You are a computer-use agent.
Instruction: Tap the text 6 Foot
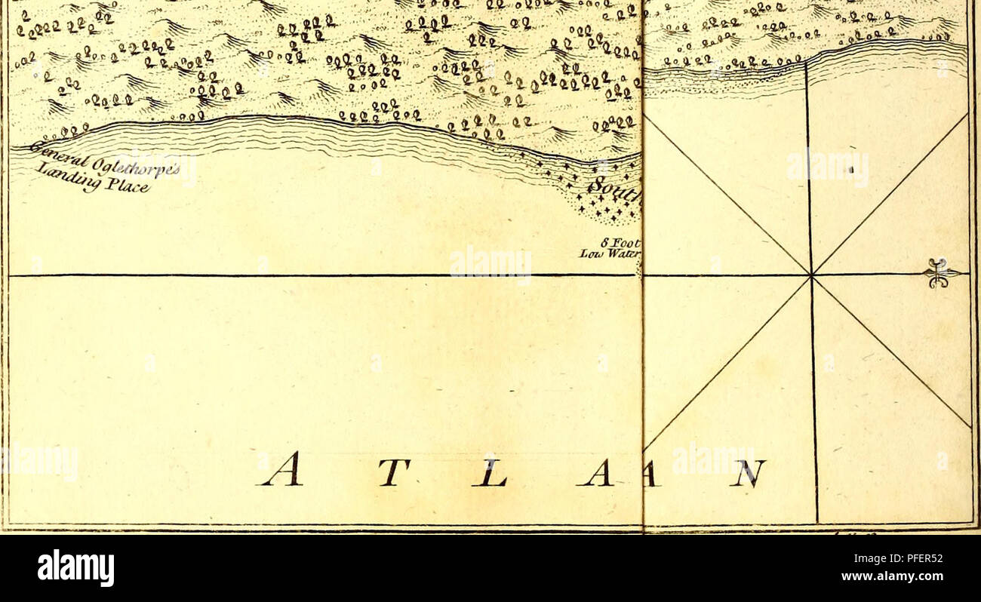(622, 243)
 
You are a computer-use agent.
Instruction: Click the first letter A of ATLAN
(281, 470)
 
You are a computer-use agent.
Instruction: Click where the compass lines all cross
(811, 275)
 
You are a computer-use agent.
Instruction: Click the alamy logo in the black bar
(75, 567)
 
